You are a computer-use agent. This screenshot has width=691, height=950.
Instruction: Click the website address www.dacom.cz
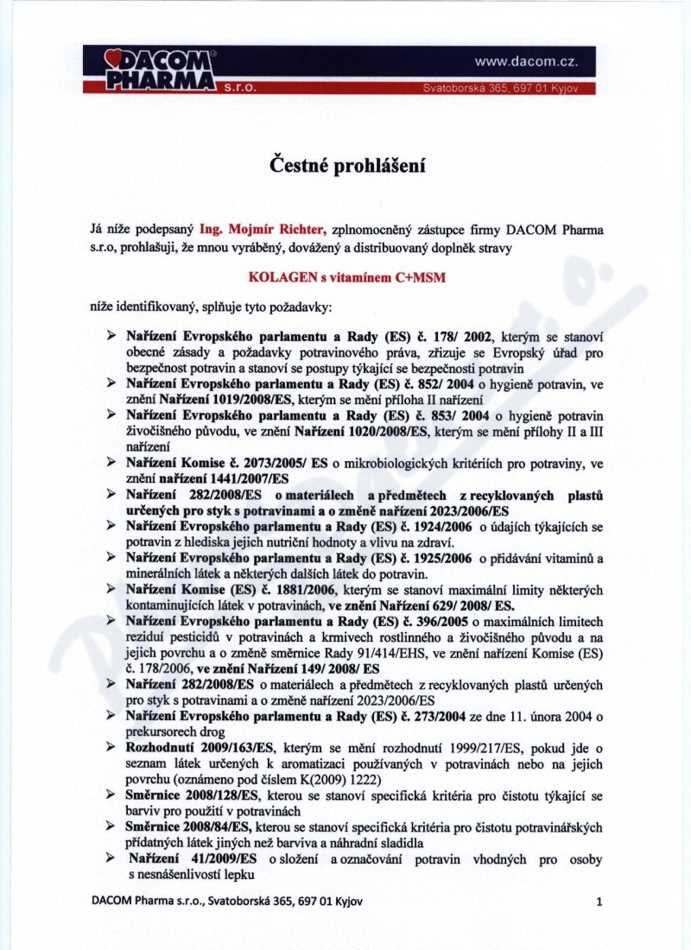point(526,62)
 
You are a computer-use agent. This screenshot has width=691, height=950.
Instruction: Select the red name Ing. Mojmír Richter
point(263,230)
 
